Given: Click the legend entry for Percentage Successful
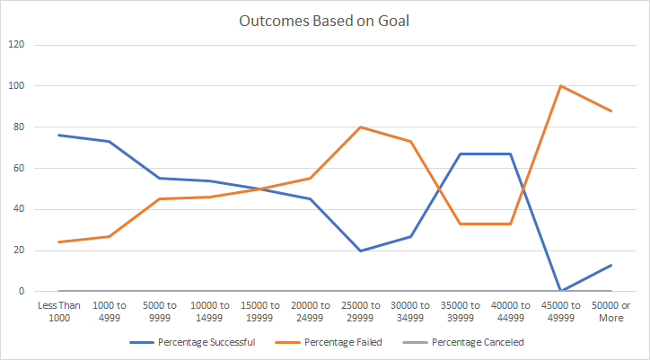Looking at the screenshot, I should click(194, 342).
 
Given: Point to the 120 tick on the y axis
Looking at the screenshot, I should click(16, 45).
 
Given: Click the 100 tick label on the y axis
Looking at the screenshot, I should click(16, 86).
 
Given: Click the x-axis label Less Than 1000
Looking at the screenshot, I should click(58, 311).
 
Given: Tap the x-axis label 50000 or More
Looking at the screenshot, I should click(611, 311).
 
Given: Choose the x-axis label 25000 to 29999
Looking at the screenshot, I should click(360, 311).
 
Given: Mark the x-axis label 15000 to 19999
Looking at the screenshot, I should click(259, 311).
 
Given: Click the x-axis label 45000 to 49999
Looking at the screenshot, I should click(561, 311).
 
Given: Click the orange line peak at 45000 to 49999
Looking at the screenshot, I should click(561, 86).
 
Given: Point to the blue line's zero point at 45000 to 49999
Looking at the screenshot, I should click(561, 291).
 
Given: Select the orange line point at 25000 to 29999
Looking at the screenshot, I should click(360, 127).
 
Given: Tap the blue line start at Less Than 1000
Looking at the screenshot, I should click(58, 135).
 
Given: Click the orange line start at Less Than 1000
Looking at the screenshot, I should click(58, 242).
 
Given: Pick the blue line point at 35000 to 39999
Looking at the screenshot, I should click(461, 154).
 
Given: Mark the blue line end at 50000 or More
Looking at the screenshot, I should click(611, 265).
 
